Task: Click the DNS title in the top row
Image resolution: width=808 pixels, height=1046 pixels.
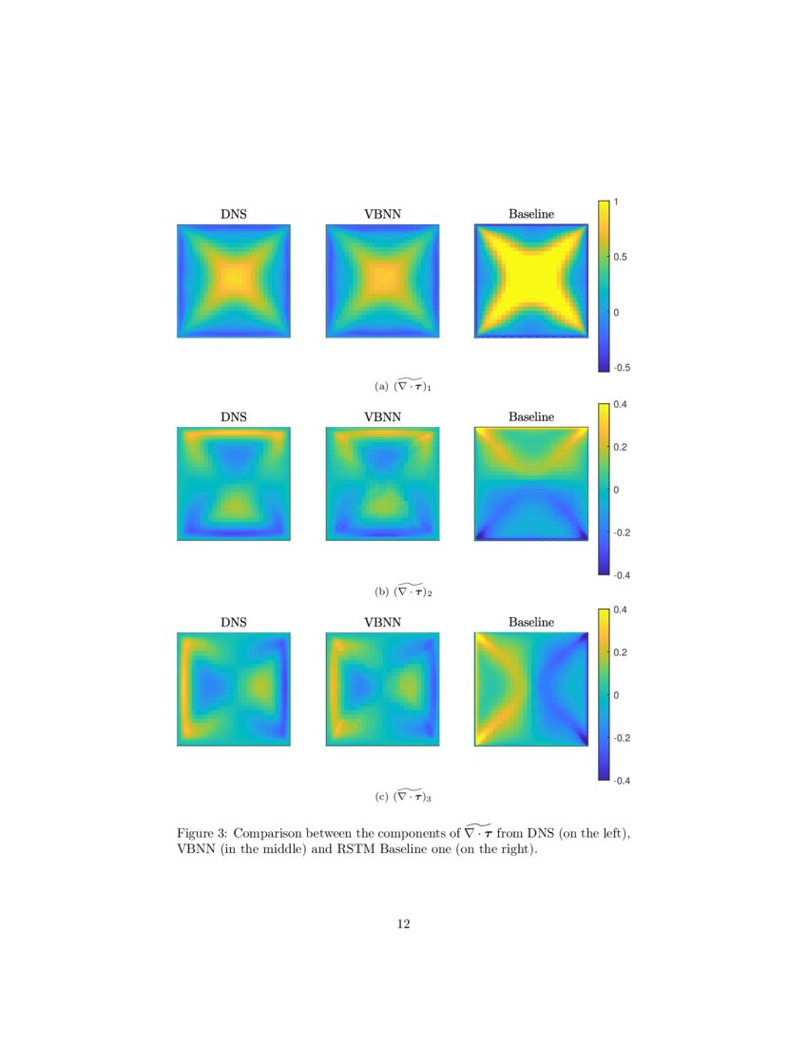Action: pyautogui.click(x=234, y=214)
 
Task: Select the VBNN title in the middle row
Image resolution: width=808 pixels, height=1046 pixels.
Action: pyautogui.click(x=382, y=417)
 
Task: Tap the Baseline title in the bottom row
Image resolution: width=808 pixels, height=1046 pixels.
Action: pyautogui.click(x=530, y=622)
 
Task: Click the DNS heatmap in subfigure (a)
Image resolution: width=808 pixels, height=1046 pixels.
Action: pyautogui.click(x=234, y=281)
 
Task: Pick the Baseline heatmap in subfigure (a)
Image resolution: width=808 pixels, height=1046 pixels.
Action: pyautogui.click(x=530, y=281)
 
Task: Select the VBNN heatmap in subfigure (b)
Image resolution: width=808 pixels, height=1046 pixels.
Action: pyautogui.click(x=382, y=484)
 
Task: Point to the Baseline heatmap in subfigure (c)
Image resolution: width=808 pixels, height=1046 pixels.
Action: pyautogui.click(x=530, y=689)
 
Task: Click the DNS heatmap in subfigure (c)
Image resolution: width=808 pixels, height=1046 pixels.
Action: pyautogui.click(x=234, y=689)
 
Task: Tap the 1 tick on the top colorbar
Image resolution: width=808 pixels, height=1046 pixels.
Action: pyautogui.click(x=617, y=202)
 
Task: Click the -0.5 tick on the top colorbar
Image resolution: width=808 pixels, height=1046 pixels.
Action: pyautogui.click(x=622, y=367)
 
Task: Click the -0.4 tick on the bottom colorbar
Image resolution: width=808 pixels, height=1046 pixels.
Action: pyautogui.click(x=622, y=781)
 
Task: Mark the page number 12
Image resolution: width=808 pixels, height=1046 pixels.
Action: pyautogui.click(x=404, y=923)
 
